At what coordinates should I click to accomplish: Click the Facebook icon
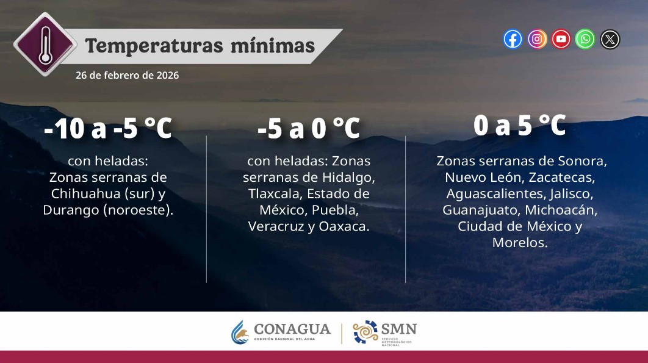[513, 40]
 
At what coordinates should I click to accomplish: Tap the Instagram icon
[537, 40]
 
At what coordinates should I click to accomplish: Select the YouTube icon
[561, 40]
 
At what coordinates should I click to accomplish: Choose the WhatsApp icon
[586, 40]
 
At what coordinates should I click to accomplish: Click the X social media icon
[610, 40]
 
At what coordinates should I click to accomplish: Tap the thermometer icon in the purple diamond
[45, 44]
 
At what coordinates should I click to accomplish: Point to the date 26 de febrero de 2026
[127, 76]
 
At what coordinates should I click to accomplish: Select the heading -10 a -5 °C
[108, 129]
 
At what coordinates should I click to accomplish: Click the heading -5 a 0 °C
[309, 129]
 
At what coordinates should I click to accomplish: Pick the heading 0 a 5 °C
[520, 126]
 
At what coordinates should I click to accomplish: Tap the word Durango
[70, 210]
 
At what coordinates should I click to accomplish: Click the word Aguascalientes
[485, 194]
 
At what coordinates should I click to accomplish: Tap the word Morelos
[520, 242]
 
